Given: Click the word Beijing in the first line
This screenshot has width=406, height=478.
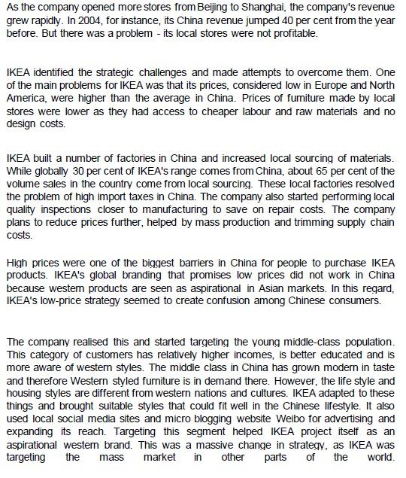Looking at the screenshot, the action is [195, 8].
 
